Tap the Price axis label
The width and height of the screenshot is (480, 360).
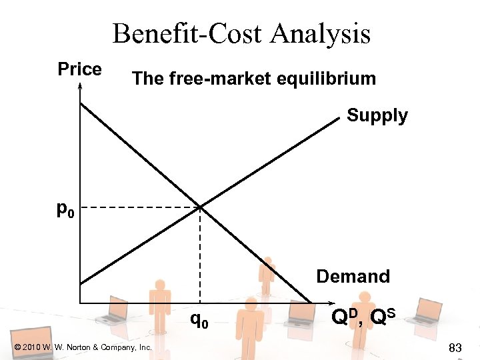[79, 69]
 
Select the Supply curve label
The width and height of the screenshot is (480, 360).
[377, 115]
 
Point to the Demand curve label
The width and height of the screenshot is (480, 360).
[353, 276]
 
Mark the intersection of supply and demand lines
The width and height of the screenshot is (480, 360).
[200, 207]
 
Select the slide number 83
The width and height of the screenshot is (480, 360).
[456, 347]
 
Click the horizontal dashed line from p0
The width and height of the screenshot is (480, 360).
[140, 208]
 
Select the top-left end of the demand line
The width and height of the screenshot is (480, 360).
[81, 103]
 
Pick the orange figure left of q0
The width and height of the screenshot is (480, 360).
[159, 303]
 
